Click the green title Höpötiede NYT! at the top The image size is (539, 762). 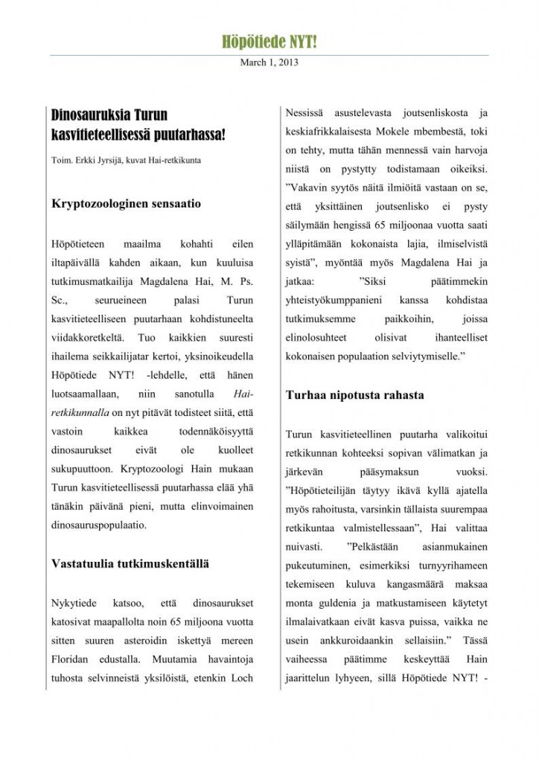pyautogui.click(x=269, y=42)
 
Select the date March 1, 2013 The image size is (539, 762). pyautogui.click(x=269, y=63)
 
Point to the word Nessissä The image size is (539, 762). pyautogui.click(x=306, y=113)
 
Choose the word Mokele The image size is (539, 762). pyautogui.click(x=403, y=132)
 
